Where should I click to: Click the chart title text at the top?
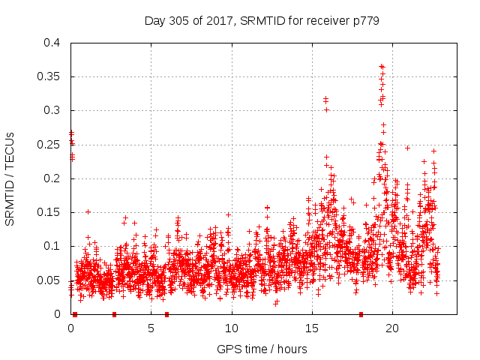tap(262, 21)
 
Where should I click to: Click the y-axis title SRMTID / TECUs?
tap(10, 178)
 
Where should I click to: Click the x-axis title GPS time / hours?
tap(262, 349)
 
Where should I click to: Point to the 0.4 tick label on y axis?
tap(52, 43)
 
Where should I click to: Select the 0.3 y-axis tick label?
tap(52, 110)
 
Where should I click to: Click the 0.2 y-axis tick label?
tap(52, 178)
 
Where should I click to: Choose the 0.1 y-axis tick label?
tap(52, 246)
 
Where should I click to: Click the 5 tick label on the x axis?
tap(151, 328)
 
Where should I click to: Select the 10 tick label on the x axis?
tap(232, 328)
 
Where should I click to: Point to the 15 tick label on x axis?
tap(312, 328)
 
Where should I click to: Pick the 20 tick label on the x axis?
tap(392, 328)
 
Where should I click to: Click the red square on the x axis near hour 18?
tap(361, 314)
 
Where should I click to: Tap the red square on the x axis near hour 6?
tap(166, 314)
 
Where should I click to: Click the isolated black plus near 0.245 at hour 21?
tap(407, 148)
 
